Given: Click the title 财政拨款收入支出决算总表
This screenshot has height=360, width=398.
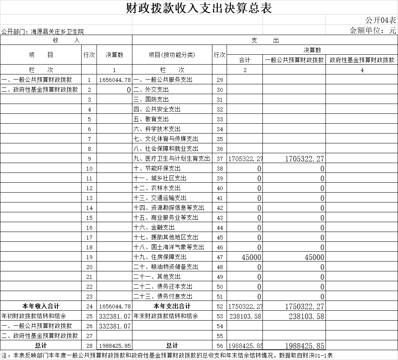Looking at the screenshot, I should [x=199, y=8].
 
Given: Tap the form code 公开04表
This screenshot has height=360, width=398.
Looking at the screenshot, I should [x=381, y=20].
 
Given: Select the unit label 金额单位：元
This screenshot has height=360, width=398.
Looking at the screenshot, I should [x=373, y=30].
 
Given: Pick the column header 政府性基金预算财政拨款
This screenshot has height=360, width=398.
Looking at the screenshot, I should [x=362, y=60].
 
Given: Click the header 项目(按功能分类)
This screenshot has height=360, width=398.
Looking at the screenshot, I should [x=172, y=55].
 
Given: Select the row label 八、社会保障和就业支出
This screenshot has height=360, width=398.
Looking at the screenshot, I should [x=166, y=148].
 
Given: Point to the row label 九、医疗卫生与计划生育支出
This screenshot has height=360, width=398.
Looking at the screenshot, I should [x=172, y=158].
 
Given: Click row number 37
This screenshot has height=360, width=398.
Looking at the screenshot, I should [x=219, y=158].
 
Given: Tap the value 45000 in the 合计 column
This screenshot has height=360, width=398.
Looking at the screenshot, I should [x=251, y=257].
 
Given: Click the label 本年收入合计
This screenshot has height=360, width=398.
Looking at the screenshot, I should [x=41, y=306].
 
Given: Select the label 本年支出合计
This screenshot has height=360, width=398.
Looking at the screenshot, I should [x=172, y=306].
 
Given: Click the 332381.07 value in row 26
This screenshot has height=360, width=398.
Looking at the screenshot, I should [x=115, y=326].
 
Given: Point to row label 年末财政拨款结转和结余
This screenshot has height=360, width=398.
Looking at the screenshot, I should [x=166, y=316].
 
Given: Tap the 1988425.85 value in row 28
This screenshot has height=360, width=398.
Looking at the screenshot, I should [x=115, y=346].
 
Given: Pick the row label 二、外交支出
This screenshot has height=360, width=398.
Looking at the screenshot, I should [x=151, y=89].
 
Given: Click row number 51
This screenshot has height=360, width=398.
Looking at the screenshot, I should [x=219, y=296].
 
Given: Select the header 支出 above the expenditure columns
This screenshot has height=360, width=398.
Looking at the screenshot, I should [x=265, y=40].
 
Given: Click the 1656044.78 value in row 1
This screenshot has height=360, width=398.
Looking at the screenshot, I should [x=115, y=80].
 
